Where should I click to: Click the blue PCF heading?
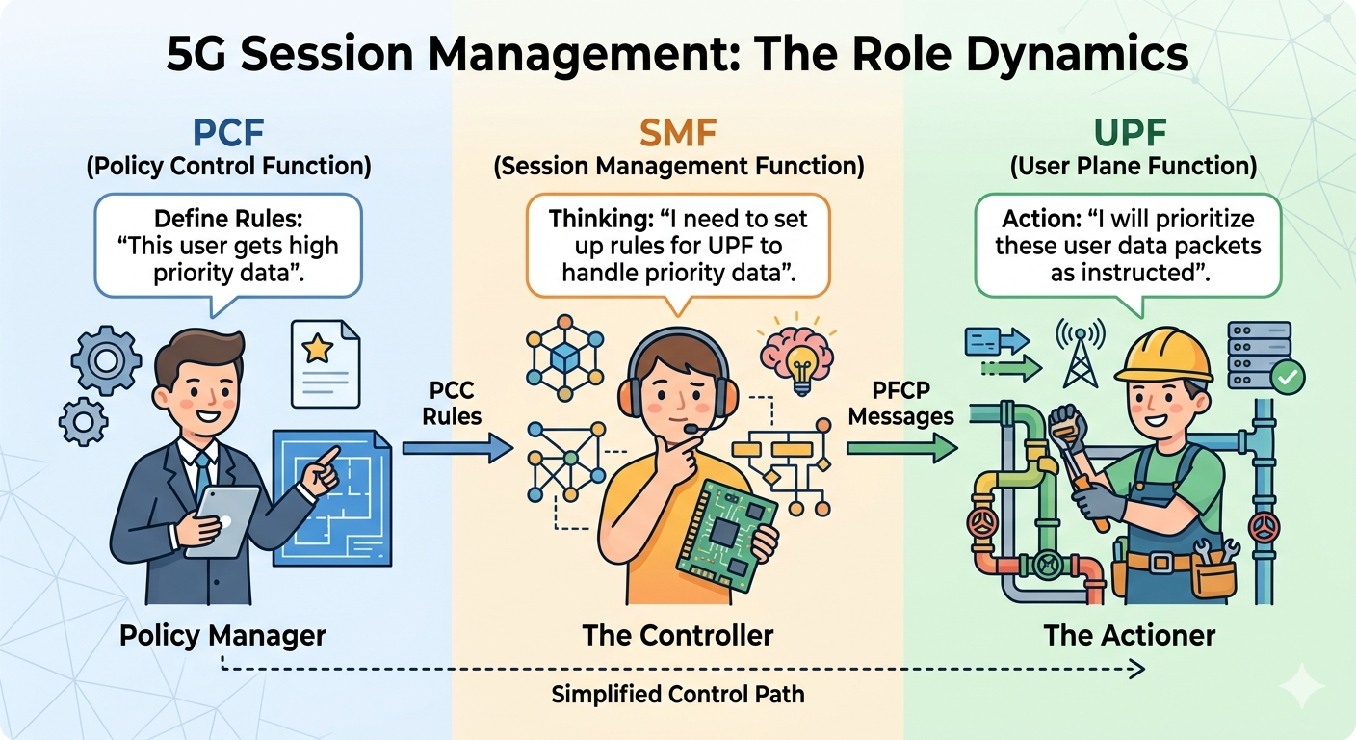pyautogui.click(x=227, y=131)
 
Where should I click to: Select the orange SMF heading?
pyautogui.click(x=678, y=131)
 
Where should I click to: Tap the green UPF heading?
pyautogui.click(x=1133, y=131)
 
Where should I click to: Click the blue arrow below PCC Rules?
pyautogui.click(x=457, y=446)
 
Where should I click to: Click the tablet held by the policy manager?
pyautogui.click(x=222, y=521)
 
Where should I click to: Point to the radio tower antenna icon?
pyautogui.click(x=1079, y=354)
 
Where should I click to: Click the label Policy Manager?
pyautogui.click(x=223, y=636)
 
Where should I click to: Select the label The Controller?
pyautogui.click(x=677, y=636)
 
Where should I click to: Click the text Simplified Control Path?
pyautogui.click(x=677, y=694)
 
